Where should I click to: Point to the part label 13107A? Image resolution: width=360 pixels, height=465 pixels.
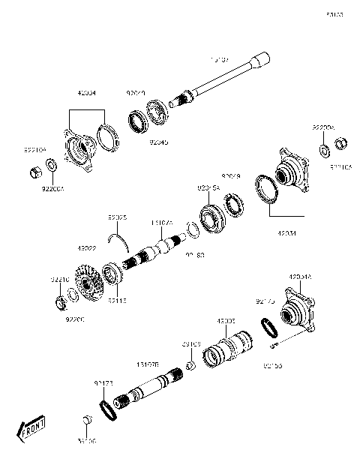click(x=162, y=223)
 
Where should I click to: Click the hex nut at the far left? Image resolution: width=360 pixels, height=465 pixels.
click(x=34, y=174)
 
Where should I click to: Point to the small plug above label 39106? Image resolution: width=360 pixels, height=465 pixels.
click(x=87, y=418)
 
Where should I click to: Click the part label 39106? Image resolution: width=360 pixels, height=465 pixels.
click(x=86, y=442)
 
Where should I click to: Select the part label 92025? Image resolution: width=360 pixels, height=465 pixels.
click(x=117, y=217)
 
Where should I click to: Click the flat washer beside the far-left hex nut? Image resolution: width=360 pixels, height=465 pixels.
click(x=52, y=165)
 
